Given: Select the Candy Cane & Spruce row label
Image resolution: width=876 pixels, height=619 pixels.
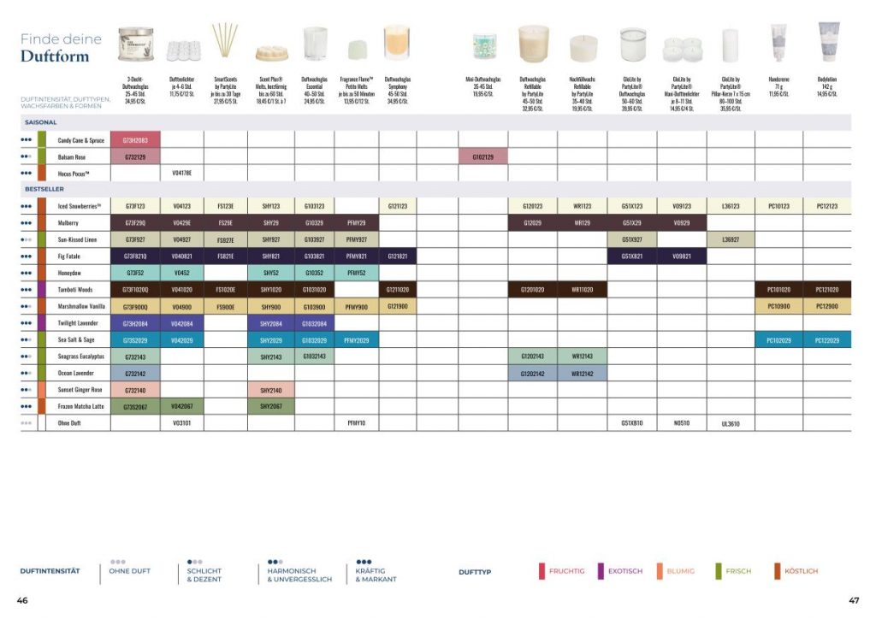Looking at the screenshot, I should [x=80, y=140].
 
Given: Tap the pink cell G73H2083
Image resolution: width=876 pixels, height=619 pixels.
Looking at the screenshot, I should [x=135, y=140].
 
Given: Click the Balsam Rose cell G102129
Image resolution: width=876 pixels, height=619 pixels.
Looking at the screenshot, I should [x=482, y=157].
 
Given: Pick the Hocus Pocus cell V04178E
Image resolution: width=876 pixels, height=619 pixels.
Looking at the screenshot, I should [x=182, y=174].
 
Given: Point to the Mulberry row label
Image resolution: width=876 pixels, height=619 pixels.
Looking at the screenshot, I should [x=68, y=223].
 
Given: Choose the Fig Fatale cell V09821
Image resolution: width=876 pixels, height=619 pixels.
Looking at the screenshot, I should [x=682, y=256].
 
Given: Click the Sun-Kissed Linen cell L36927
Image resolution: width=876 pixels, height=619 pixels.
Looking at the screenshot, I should [x=731, y=239].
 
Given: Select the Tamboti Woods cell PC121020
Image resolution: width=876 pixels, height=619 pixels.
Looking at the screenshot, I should [x=827, y=290].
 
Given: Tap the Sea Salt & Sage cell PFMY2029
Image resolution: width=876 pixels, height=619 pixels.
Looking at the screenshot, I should [x=356, y=340].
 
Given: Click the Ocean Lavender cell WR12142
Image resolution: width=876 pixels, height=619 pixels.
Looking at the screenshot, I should [x=582, y=374].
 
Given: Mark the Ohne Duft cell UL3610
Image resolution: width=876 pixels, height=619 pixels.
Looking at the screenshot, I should [x=731, y=423].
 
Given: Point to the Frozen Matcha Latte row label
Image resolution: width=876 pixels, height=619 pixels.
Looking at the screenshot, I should [x=80, y=406].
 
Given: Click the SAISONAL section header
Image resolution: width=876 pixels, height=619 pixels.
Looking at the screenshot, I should [x=40, y=122].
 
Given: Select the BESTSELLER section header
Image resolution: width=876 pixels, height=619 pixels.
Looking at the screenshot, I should [x=44, y=189].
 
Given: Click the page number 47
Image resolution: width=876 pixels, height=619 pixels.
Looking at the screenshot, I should [x=853, y=600].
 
